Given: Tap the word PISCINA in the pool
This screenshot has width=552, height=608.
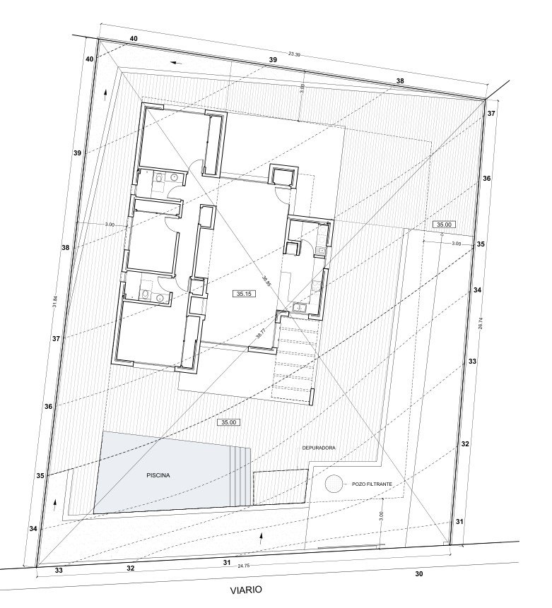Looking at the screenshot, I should click(158, 475).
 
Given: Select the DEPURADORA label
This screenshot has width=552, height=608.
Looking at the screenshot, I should click(318, 448).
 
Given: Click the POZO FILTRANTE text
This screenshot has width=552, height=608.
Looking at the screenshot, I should click(373, 485).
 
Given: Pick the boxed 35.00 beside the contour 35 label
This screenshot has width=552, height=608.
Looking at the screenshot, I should click(444, 225).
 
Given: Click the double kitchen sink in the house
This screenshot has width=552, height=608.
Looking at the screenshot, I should click(300, 306).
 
